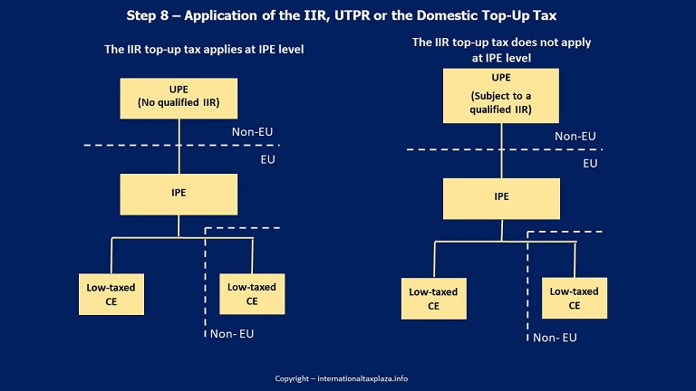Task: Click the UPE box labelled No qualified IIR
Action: pyautogui.click(x=179, y=99)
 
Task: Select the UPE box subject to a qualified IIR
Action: pyautogui.click(x=501, y=96)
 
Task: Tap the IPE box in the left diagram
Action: pyautogui.click(x=179, y=195)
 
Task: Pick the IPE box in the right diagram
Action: pyautogui.click(x=501, y=198)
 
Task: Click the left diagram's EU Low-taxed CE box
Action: pyautogui.click(x=111, y=294)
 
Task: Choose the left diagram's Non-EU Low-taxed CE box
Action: pyautogui.click(x=252, y=294)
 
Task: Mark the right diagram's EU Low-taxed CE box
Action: pyautogui.click(x=434, y=299)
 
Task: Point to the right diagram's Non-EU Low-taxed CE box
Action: pyautogui.click(x=575, y=298)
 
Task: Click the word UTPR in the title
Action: pyautogui.click(x=352, y=15)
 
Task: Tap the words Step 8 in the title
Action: pyautogui.click(x=148, y=15)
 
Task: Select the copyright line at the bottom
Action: pyautogui.click(x=342, y=378)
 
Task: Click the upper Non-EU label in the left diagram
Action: pyautogui.click(x=252, y=131)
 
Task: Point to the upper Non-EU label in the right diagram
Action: pyautogui.click(x=575, y=136)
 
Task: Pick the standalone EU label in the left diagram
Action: pyautogui.click(x=267, y=159)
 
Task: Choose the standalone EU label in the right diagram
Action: pyautogui.click(x=590, y=164)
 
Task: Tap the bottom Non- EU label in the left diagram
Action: pyautogui.click(x=232, y=334)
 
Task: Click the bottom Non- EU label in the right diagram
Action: pyautogui.click(x=555, y=338)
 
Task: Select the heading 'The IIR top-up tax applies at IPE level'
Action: pyautogui.click(x=204, y=49)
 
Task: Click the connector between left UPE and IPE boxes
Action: pyautogui.click(x=179, y=147)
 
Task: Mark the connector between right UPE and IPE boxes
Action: pyautogui.click(x=501, y=151)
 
